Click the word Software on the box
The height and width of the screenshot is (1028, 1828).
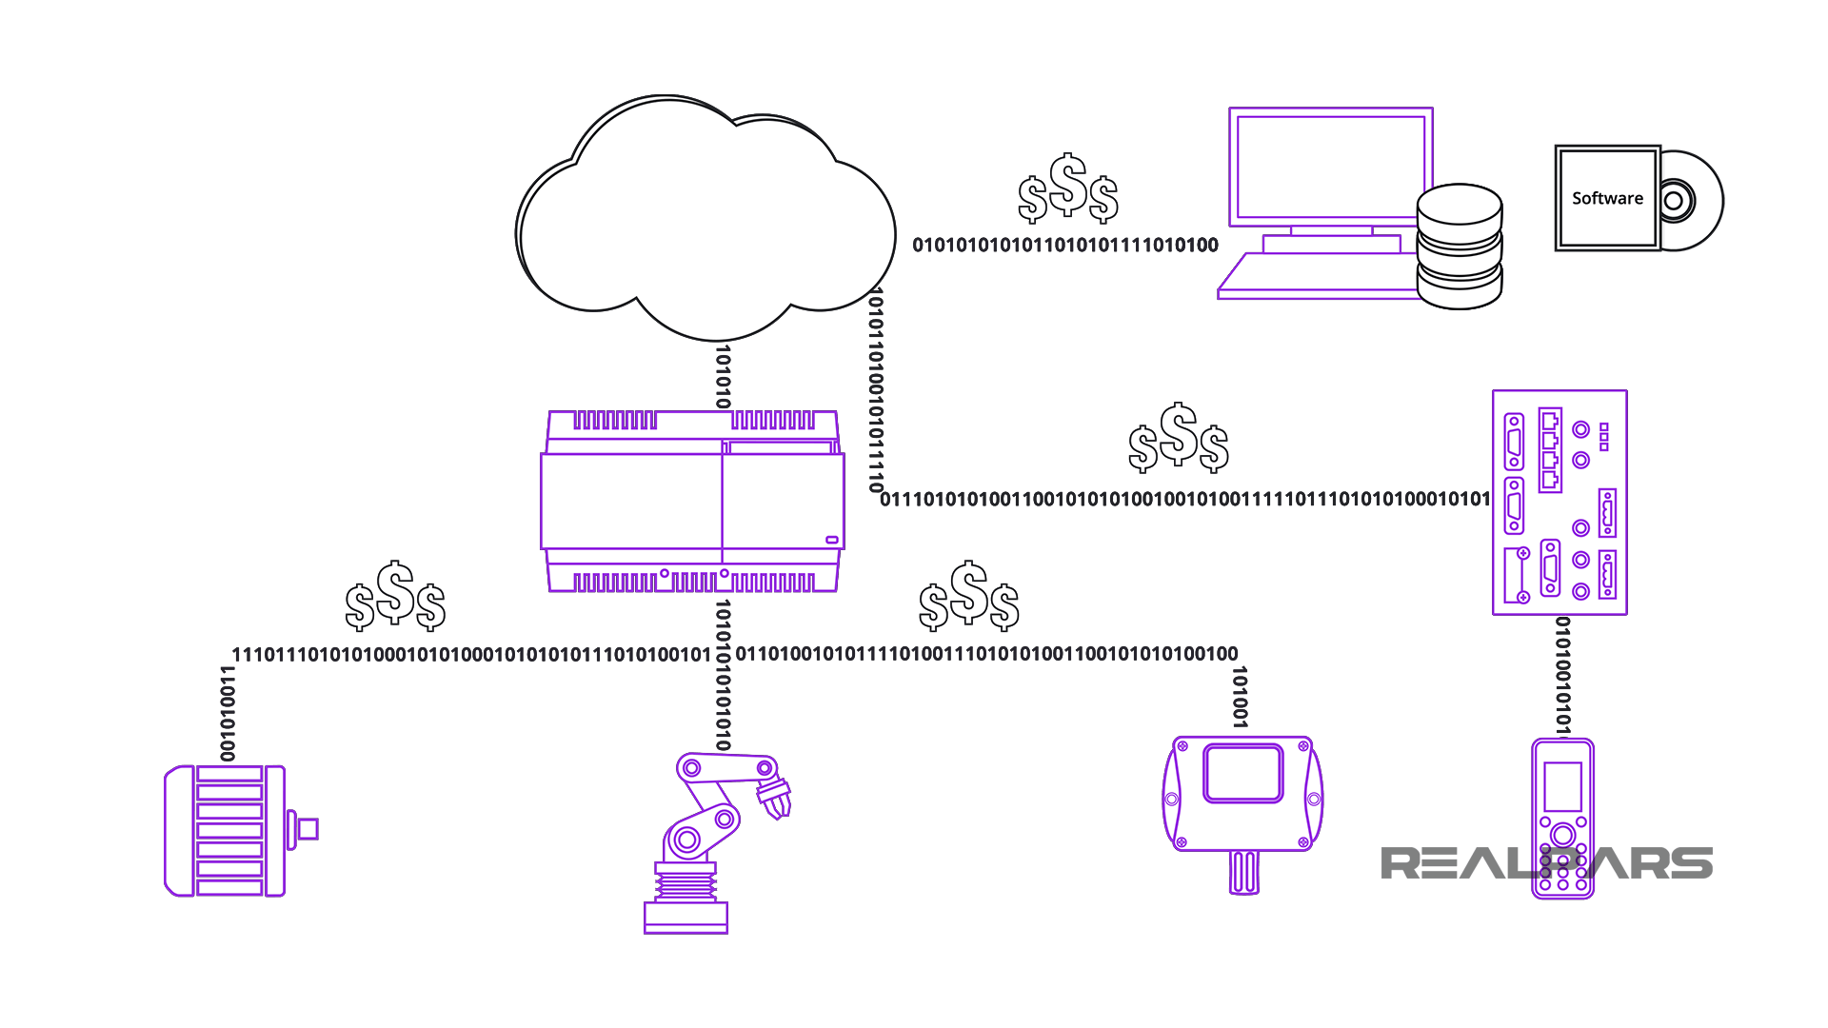pyautogui.click(x=1607, y=198)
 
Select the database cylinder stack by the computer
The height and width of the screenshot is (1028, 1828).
pyautogui.click(x=1459, y=247)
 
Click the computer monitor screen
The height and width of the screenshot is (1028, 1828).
pyautogui.click(x=1330, y=166)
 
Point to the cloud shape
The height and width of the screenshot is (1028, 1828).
pyautogui.click(x=705, y=219)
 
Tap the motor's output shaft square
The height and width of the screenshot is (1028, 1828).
pyautogui.click(x=308, y=829)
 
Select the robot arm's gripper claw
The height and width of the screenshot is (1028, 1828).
pyautogui.click(x=775, y=798)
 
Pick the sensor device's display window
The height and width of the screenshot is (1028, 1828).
pyautogui.click(x=1242, y=773)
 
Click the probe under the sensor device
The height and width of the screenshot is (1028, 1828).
pyautogui.click(x=1243, y=872)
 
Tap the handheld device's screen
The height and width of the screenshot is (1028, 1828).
pyautogui.click(x=1562, y=786)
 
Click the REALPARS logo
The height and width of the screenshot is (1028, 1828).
pyautogui.click(x=1546, y=863)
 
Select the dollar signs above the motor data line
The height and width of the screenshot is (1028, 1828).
pyautogui.click(x=395, y=597)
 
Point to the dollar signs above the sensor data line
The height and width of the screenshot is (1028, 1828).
pyautogui.click(x=969, y=597)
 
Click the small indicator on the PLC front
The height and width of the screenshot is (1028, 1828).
pyautogui.click(x=831, y=540)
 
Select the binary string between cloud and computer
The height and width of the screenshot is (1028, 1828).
pyautogui.click(x=1065, y=246)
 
